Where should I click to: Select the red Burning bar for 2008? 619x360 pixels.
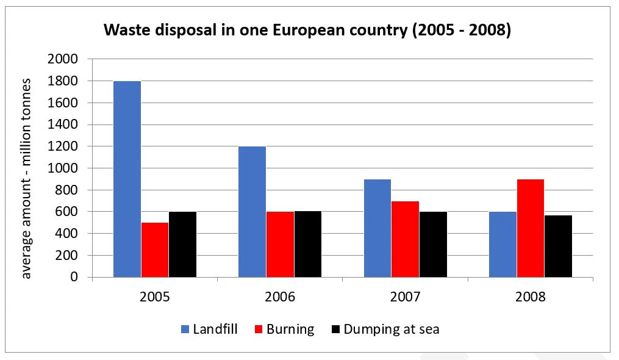[530, 228]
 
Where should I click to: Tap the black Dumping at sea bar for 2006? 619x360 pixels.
[307, 244]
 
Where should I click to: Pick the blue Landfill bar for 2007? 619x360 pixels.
[377, 228]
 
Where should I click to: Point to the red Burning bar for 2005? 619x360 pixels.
[155, 250]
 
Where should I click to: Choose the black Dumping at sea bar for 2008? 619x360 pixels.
[558, 246]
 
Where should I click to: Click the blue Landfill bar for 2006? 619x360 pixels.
[252, 212]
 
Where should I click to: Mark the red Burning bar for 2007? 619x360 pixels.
[405, 239]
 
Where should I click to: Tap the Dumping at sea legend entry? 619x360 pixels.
[384, 329]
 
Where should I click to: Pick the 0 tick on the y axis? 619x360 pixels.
[74, 277]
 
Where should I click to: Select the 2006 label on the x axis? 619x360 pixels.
[280, 297]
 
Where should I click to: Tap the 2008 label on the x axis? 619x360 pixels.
[530, 297]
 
